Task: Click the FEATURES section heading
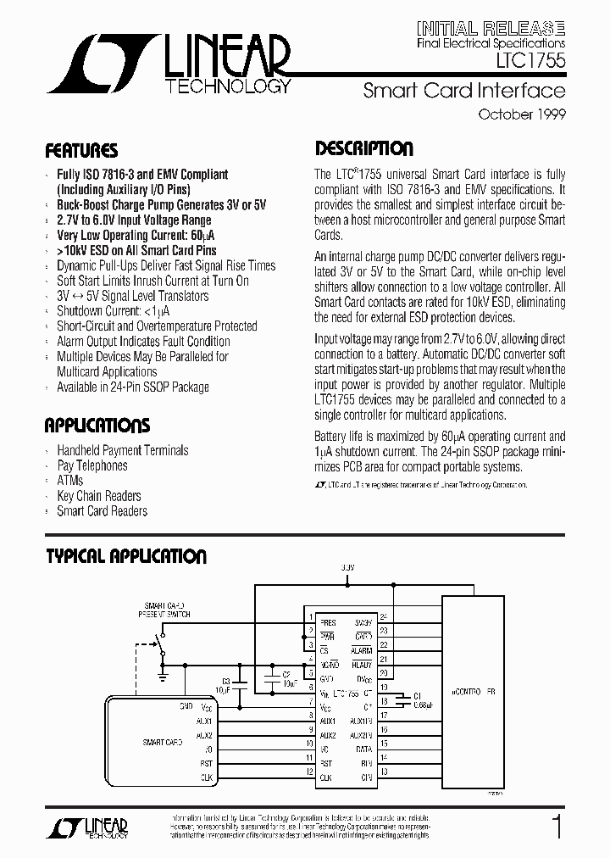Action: tap(81, 152)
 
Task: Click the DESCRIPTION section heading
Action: tap(364, 149)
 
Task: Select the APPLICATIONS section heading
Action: tap(97, 425)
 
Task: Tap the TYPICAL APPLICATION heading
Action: tap(125, 556)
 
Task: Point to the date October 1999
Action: tap(522, 114)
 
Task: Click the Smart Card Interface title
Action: tap(463, 91)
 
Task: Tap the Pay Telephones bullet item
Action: tap(92, 465)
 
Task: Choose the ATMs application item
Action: tap(70, 481)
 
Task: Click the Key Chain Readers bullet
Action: tap(99, 496)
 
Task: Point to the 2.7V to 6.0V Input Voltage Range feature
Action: tap(134, 220)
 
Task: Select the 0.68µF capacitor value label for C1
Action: tap(424, 705)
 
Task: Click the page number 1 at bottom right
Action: tap(557, 827)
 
